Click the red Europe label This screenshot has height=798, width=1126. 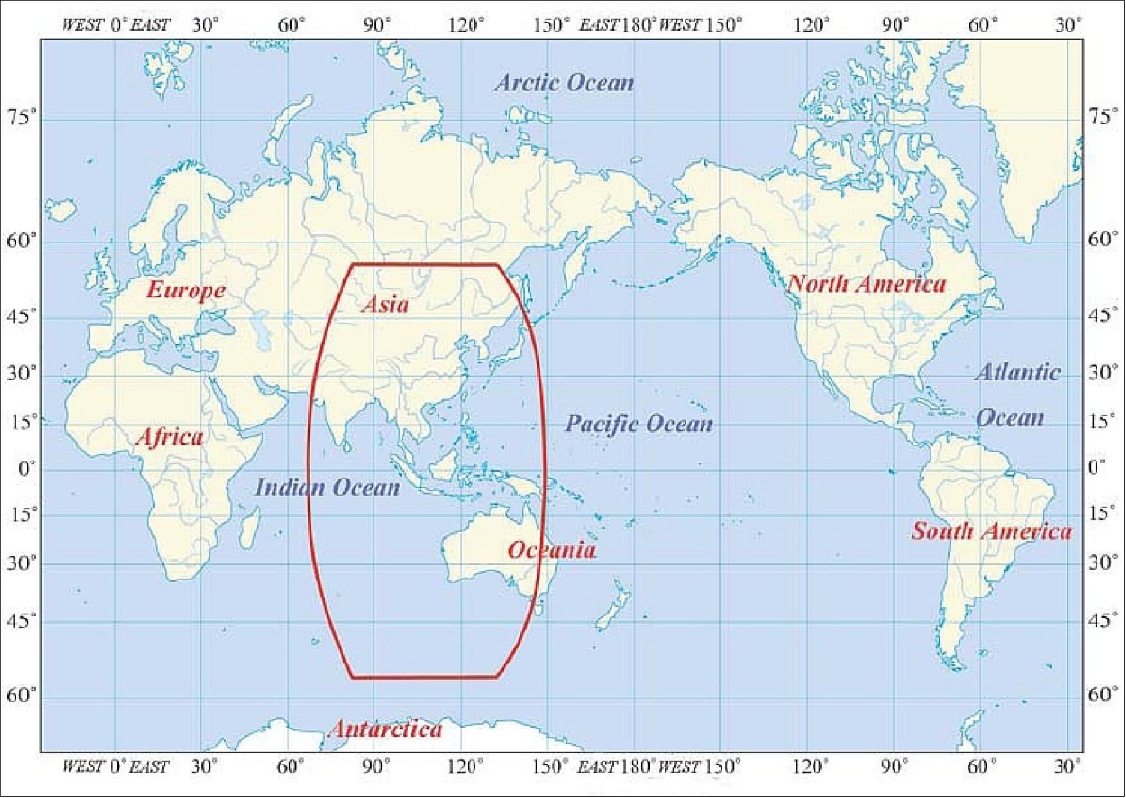186,290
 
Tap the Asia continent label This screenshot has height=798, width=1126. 385,304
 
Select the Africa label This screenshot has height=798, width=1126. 170,437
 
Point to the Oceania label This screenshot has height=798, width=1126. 552,550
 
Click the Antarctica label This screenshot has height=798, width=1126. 386,729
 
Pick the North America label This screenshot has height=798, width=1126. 867,284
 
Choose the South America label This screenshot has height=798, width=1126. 992,531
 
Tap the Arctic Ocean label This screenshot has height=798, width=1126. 564,82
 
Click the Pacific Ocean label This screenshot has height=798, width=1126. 639,423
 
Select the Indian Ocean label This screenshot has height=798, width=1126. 327,487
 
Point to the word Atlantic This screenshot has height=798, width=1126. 1018,372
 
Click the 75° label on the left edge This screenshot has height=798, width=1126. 22,118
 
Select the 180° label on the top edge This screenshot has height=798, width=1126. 637,25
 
